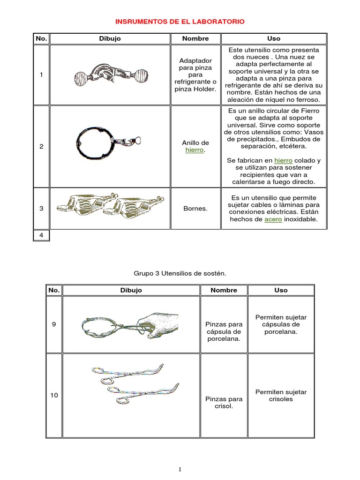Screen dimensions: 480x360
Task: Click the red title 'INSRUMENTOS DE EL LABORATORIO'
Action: [180, 22]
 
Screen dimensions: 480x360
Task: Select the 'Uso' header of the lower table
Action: [281, 290]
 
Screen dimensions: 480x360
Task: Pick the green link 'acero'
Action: [273, 219]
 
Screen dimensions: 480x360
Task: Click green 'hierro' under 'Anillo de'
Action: [195, 150]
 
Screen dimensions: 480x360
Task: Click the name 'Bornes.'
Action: [195, 208]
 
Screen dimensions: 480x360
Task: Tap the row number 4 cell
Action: [41, 235]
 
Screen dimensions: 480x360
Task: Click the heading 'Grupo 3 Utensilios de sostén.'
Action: [180, 272]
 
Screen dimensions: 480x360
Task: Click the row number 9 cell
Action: [54, 323]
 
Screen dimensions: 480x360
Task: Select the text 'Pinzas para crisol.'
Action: [224, 403]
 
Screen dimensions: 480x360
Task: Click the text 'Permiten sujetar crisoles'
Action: [281, 395]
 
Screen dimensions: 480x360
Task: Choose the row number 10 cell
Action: [54, 395]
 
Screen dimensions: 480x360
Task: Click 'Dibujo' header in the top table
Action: [110, 38]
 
